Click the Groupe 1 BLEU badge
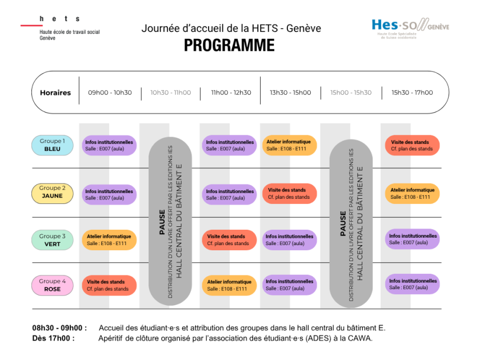pos(53,145)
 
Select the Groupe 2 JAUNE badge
pos(53,194)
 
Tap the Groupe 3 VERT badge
pos(53,240)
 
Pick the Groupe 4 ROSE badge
pos(53,285)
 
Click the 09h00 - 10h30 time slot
pos(110,93)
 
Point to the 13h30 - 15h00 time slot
pos(290,93)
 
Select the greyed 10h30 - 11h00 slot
pos(170,93)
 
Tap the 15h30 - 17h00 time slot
pos(412,93)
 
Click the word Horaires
pos(55,93)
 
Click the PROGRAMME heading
pos(229,45)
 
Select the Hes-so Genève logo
pos(410,28)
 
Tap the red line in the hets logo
pos(31,25)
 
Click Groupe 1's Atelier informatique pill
pos(289,145)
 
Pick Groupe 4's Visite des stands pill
pos(109,285)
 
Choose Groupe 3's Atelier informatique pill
pos(109,240)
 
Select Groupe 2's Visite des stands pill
pos(289,194)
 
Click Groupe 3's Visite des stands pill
pos(229,240)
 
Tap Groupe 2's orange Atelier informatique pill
pos(413,194)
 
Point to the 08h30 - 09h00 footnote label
pos(59,328)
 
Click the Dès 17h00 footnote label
pos(53,338)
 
